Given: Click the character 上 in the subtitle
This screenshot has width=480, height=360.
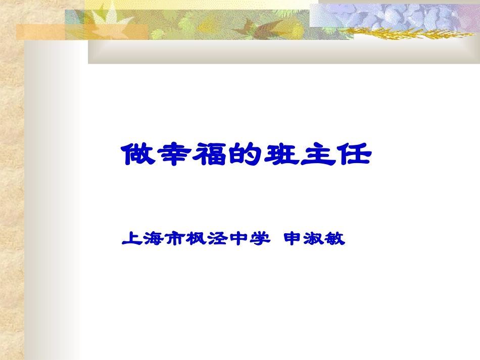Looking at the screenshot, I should point(131,238).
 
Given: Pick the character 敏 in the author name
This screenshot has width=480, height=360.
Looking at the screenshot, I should point(335,238).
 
